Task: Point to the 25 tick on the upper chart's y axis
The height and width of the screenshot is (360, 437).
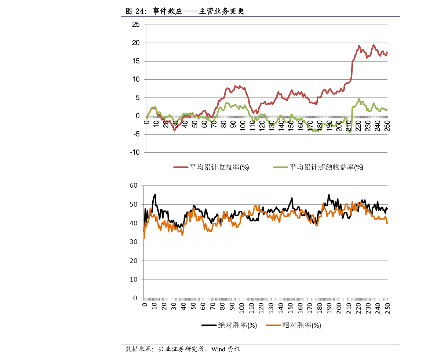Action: tap(136, 25)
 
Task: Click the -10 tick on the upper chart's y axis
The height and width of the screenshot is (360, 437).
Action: tap(134, 153)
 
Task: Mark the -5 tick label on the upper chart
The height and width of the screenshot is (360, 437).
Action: tap(136, 134)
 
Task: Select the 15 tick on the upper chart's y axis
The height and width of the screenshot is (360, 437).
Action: tap(136, 61)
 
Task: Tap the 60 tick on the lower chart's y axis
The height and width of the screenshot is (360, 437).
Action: tap(133, 185)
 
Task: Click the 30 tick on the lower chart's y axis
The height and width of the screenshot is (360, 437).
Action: tap(133, 242)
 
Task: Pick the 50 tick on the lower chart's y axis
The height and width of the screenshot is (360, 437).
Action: tap(133, 204)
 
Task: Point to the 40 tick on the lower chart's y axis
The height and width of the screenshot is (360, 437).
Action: tap(133, 223)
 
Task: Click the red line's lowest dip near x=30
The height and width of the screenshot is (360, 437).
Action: tap(175, 131)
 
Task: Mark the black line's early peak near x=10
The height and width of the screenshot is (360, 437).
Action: tap(155, 194)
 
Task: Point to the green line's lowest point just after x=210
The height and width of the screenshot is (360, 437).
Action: tap(350, 132)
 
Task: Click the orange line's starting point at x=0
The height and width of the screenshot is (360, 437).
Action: tap(144, 238)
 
